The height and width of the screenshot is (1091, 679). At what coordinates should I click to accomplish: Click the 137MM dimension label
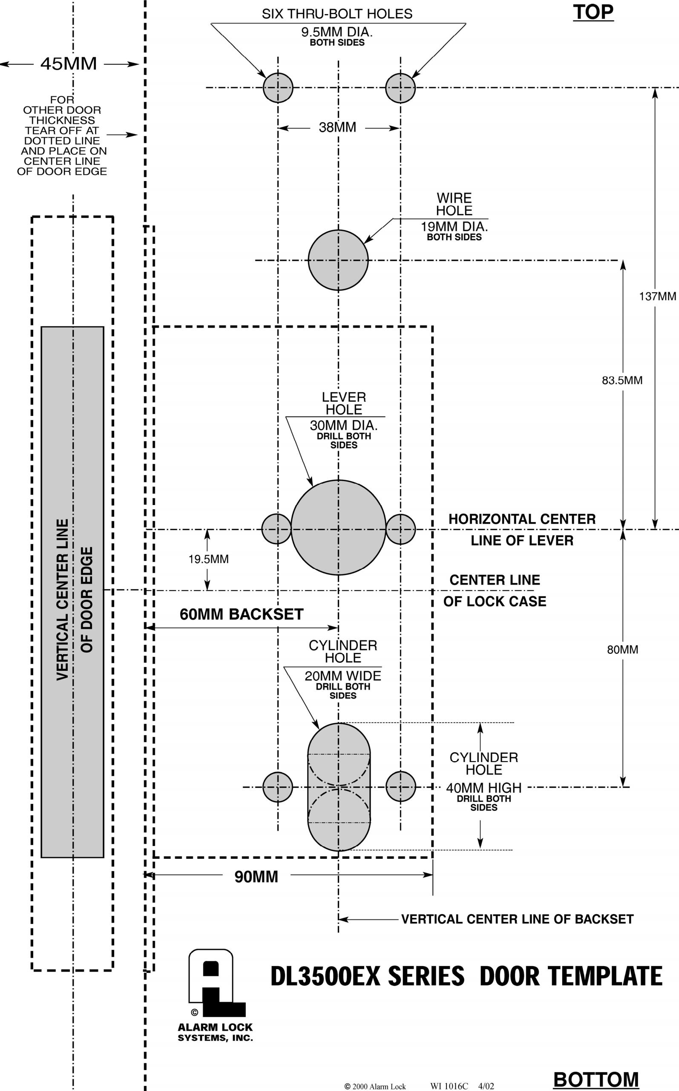[x=657, y=297]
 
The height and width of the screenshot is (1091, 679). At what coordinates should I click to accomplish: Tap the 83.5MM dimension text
[x=622, y=381]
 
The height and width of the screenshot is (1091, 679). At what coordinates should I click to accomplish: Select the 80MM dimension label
[x=622, y=649]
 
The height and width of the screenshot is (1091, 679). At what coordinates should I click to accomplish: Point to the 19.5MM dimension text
[x=208, y=559]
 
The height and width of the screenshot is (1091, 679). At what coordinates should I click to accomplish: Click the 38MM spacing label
[x=337, y=127]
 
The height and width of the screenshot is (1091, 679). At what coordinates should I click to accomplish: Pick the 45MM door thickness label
[x=69, y=64]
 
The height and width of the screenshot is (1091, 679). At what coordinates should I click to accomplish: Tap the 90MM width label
[x=256, y=876]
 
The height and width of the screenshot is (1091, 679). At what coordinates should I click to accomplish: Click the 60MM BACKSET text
[x=242, y=614]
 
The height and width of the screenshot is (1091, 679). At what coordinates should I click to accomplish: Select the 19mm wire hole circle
[x=338, y=260]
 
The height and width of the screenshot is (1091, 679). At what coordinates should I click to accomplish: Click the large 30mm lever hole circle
[x=338, y=527]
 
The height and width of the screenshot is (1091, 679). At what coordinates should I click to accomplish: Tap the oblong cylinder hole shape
[x=339, y=786]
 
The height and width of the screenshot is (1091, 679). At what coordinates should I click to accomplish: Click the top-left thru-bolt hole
[x=278, y=88]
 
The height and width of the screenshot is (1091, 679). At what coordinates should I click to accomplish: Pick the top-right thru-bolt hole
[x=400, y=88]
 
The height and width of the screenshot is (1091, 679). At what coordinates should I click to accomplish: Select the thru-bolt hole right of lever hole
[x=400, y=529]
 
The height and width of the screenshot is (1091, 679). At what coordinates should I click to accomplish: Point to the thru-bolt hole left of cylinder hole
[x=278, y=787]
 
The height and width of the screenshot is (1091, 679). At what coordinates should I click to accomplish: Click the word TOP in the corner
[x=593, y=12]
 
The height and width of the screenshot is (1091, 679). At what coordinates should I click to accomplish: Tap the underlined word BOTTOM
[x=596, y=1079]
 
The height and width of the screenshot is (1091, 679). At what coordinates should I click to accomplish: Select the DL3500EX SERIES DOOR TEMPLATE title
[x=466, y=976]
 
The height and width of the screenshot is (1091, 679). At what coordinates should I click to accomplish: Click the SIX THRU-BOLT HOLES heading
[x=337, y=14]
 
